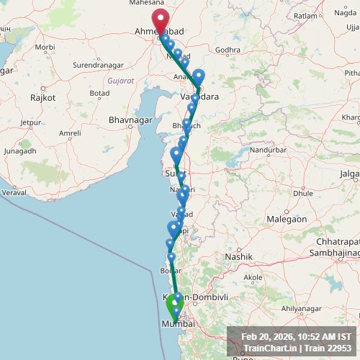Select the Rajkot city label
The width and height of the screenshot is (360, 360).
coord(39,96)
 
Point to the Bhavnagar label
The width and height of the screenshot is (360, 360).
coord(128,119)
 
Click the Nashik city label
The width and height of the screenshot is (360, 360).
coord(239,256)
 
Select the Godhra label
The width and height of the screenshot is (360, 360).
coord(228,50)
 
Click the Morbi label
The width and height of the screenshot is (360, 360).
coord(45,47)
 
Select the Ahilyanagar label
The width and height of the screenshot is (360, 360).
coord(300,308)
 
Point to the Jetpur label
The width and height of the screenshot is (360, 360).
coord(31,122)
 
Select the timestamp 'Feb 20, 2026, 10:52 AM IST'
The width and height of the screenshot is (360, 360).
coord(296,336)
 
